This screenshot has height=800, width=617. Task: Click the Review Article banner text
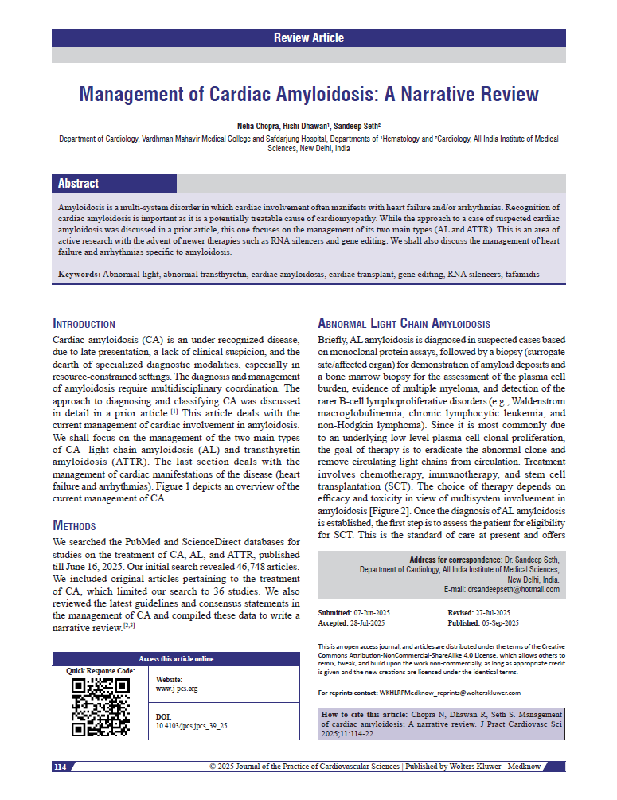[308, 37]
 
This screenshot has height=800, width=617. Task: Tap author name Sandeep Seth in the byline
[356, 126]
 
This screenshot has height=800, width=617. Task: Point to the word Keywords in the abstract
[80, 274]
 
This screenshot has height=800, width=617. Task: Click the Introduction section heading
[84, 324]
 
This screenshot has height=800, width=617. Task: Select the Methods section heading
[74, 525]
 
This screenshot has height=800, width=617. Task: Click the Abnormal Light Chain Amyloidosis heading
[404, 324]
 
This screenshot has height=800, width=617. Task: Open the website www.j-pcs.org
[177, 688]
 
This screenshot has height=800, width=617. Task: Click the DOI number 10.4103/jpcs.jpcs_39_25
[191, 726]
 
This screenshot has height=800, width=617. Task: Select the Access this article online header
[176, 659]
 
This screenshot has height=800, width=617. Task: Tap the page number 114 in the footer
[61, 767]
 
